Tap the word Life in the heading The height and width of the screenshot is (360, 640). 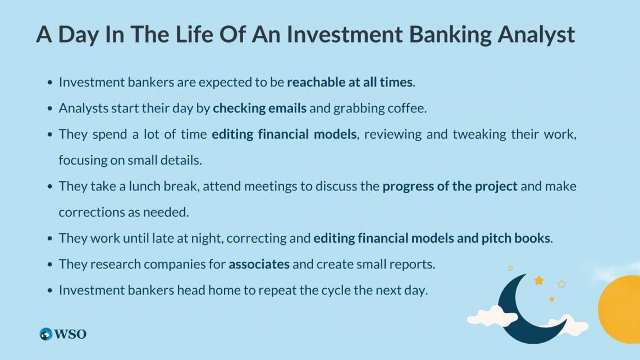194,34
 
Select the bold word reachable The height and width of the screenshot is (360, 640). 316,82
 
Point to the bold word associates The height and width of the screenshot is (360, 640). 259,265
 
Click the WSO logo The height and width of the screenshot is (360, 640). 63,334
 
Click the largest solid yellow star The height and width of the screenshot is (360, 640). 539,280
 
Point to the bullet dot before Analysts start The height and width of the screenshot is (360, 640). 50,108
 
